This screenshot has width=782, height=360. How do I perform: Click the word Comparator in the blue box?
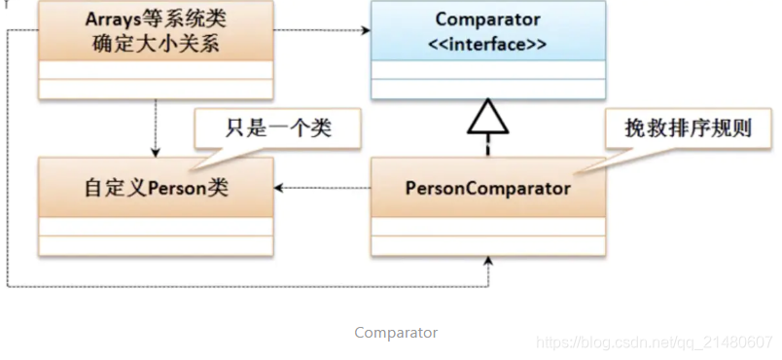click(x=488, y=20)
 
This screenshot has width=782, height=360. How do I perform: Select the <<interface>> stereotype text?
click(x=488, y=45)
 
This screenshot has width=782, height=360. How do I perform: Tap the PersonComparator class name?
click(x=487, y=188)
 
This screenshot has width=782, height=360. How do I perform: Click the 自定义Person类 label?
click(x=156, y=188)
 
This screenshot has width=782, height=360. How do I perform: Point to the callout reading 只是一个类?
click(x=265, y=128)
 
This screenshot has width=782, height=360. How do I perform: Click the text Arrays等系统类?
click(x=156, y=20)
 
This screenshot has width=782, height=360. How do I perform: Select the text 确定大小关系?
click(x=156, y=45)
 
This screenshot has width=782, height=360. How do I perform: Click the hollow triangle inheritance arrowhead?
click(x=487, y=118)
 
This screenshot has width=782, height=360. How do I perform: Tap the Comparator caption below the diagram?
click(x=396, y=333)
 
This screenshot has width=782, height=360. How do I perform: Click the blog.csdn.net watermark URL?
click(x=654, y=342)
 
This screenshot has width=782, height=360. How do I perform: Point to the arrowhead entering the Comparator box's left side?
click(x=366, y=31)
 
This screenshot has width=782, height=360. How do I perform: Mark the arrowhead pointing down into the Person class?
click(x=156, y=151)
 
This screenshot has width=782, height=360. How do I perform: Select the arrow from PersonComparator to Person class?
click(x=321, y=188)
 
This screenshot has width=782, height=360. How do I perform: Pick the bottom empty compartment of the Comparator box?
click(x=487, y=90)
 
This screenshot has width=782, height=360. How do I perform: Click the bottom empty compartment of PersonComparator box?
click(x=487, y=246)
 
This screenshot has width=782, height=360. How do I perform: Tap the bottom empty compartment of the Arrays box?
click(x=156, y=89)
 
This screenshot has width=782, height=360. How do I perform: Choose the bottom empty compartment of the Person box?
click(x=156, y=246)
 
